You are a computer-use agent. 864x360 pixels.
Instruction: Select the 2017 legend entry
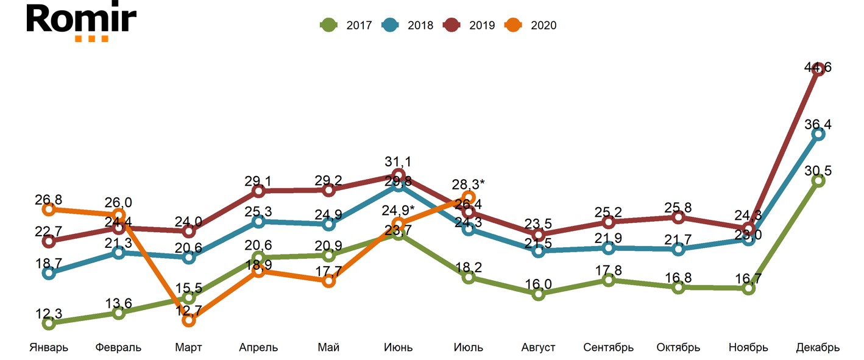click(346, 26)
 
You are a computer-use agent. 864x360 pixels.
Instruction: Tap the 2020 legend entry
click(531, 26)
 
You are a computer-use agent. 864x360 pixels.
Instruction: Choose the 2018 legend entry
click(408, 26)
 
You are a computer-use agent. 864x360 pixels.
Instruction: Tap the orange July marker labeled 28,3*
click(469, 197)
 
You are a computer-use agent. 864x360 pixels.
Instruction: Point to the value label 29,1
click(258, 181)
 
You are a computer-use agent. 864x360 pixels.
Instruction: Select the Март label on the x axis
click(188, 348)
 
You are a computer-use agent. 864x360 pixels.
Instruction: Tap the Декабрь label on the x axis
click(818, 348)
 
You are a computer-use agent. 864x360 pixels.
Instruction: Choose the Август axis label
click(539, 348)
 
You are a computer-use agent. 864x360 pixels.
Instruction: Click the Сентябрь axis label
click(608, 348)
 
